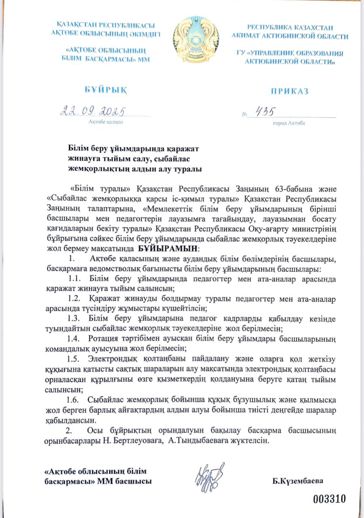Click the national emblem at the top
pos(196,39)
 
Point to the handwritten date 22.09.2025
pos(94,110)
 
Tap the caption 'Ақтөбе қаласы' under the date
pos(105,121)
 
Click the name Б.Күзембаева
pos(300,482)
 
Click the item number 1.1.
pos(75,279)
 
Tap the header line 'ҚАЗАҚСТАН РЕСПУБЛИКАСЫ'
pos(107,25)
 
